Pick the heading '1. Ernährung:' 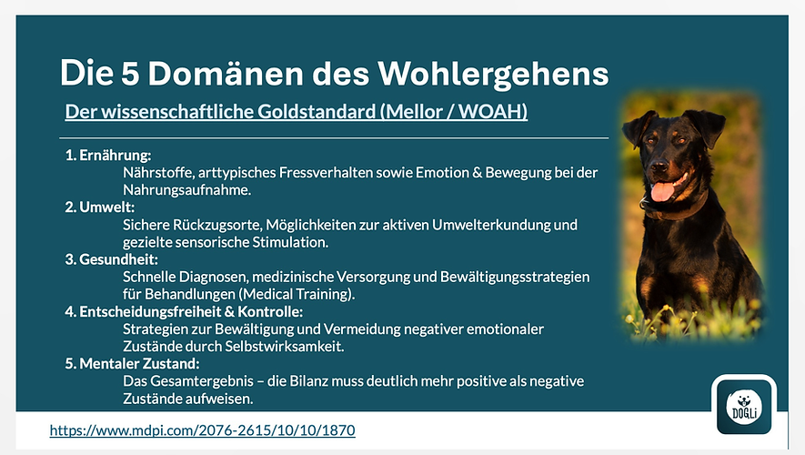click(107, 156)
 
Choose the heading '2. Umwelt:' click(100, 207)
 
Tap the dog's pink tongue click(663, 191)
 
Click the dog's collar click(678, 211)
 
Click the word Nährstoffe click(158, 172)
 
